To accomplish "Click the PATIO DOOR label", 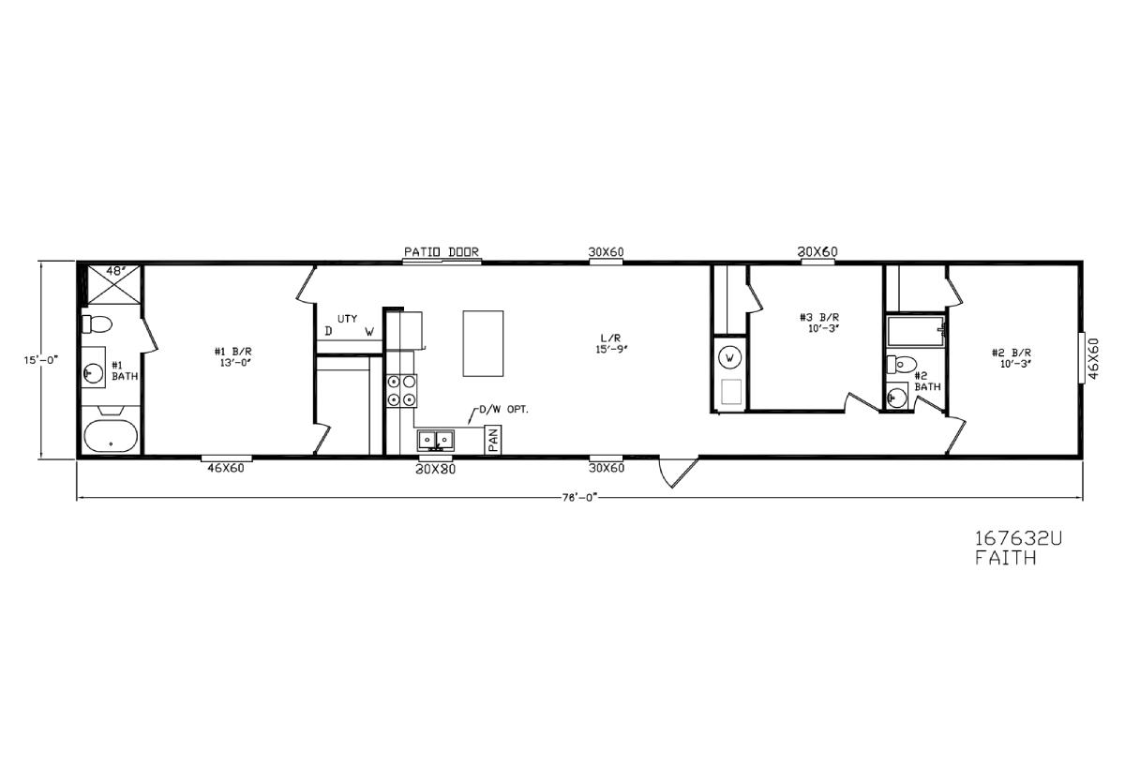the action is pyautogui.click(x=442, y=251).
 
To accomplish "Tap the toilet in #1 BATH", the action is pyautogui.click(x=97, y=324).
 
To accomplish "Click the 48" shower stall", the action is pyautogui.click(x=114, y=285).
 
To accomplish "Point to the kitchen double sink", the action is pyautogui.click(x=435, y=441).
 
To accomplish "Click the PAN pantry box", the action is pyautogui.click(x=493, y=440).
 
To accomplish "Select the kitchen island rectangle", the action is pyautogui.click(x=483, y=343).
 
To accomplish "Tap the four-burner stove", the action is pyautogui.click(x=402, y=390).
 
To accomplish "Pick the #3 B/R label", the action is pyautogui.click(x=819, y=323).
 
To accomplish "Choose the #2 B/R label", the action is pyautogui.click(x=1012, y=358).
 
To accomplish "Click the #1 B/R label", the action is pyautogui.click(x=233, y=356).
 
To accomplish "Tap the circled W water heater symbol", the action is pyautogui.click(x=730, y=357).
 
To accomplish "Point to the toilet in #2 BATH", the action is pyautogui.click(x=902, y=364).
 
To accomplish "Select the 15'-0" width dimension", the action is pyautogui.click(x=41, y=360).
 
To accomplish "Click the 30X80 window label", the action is pyautogui.click(x=435, y=470).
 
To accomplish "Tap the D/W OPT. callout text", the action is pyautogui.click(x=503, y=410).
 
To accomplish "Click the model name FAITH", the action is pyautogui.click(x=1006, y=558).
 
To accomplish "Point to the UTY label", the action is pyautogui.click(x=348, y=319).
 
